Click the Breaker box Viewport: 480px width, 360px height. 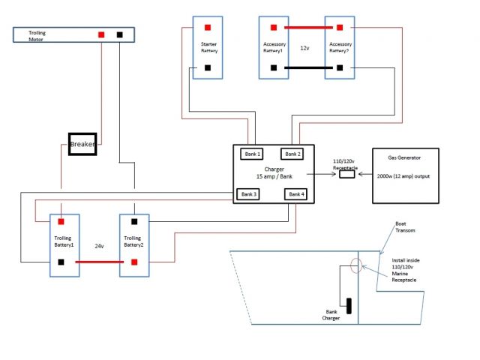pos(82,144)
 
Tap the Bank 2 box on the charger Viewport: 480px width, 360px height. pos(292,154)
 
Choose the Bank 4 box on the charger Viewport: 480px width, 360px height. pos(296,194)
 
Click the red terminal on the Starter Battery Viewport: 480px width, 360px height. pos(206,27)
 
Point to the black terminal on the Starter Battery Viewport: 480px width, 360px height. pos(206,67)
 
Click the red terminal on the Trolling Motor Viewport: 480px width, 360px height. pos(103,34)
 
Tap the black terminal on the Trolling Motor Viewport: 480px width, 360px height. pos(119,34)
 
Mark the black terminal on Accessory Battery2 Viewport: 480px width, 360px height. pos(340,67)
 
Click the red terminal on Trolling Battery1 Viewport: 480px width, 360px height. pos(60,222)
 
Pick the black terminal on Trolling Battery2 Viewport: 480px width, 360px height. pos(133,222)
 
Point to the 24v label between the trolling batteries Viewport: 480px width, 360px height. pos(98,245)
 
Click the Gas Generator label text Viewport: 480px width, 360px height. pos(404,159)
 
